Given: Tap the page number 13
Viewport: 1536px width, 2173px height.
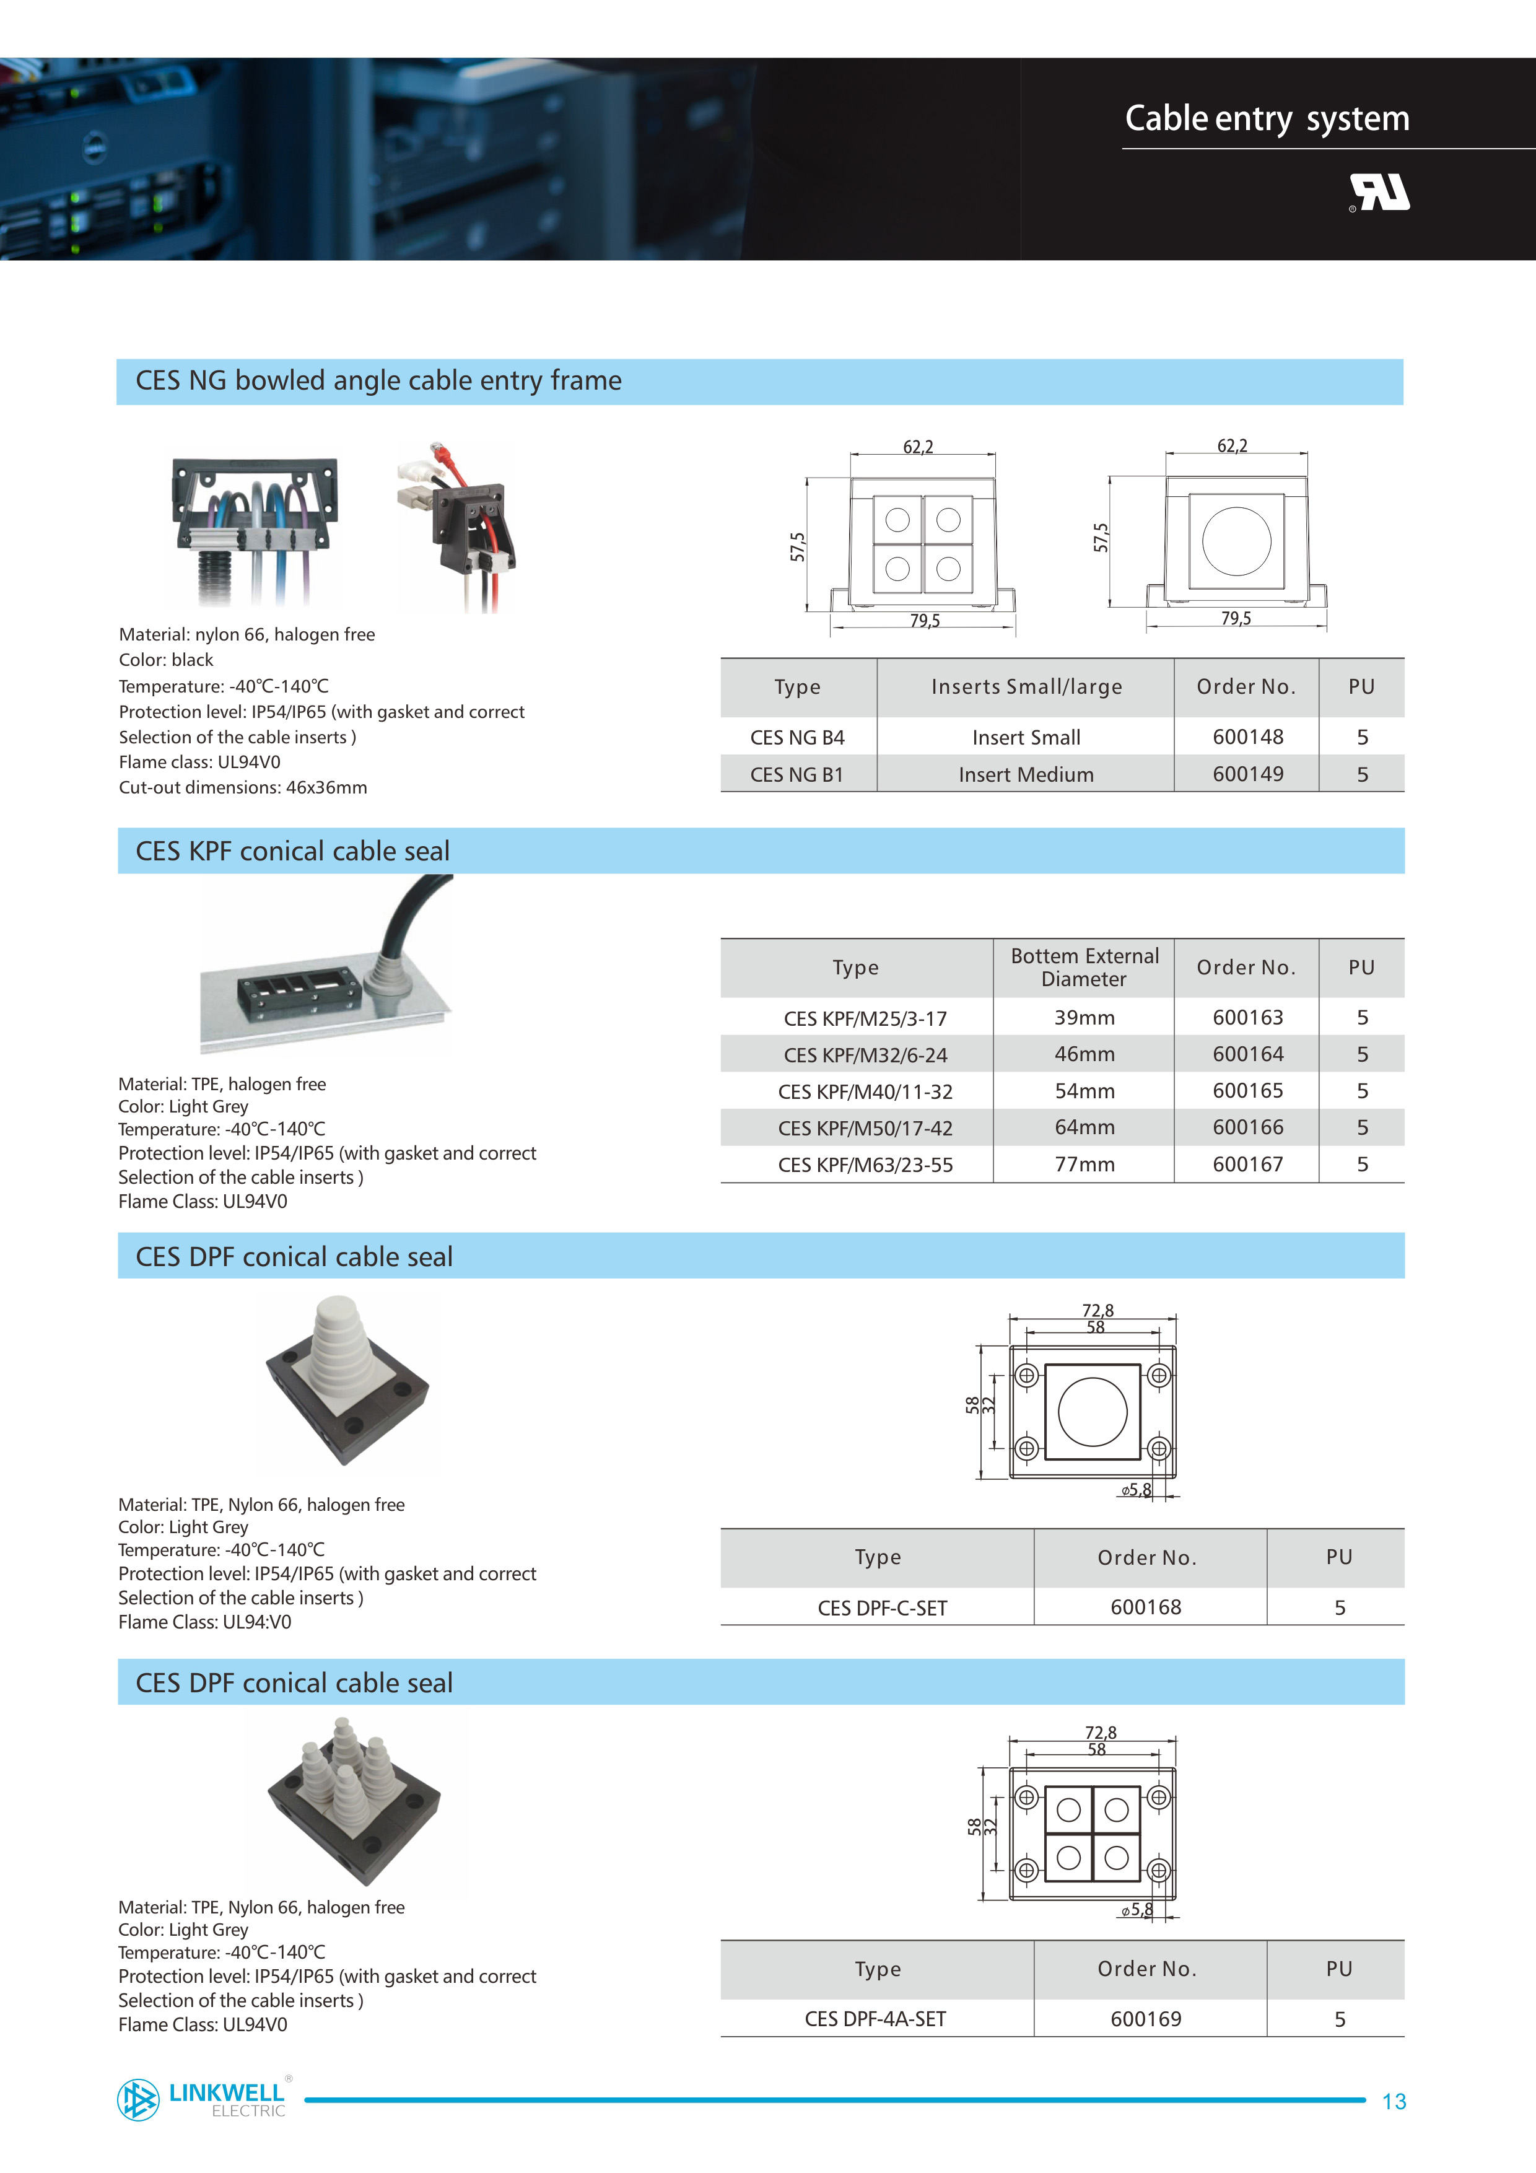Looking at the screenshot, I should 1393,2102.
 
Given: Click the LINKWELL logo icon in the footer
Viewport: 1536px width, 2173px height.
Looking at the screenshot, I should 138,2099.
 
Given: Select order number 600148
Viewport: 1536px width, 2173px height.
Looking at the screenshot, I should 1247,737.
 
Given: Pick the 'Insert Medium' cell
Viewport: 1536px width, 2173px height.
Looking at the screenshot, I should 1025,774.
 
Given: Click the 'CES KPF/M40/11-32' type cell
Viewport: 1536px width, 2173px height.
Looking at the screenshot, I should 865,1091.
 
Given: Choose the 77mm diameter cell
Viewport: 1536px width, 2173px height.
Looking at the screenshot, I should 1084,1164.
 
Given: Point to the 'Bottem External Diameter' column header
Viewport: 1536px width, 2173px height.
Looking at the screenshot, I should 1084,967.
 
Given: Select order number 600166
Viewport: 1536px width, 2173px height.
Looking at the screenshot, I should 1247,1127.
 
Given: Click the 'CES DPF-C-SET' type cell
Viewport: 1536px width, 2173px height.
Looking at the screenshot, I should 882,1608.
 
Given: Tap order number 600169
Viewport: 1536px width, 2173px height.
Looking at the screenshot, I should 1145,2019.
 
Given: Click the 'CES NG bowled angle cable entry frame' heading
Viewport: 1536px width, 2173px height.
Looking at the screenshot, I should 378,380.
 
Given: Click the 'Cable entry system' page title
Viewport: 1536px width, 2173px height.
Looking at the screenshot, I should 1267,118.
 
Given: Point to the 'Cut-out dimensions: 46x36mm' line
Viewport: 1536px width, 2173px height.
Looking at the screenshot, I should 243,787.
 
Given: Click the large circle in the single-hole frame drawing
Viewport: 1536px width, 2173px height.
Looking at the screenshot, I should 1236,540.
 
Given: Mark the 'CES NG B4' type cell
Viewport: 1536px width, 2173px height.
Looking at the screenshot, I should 797,737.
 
